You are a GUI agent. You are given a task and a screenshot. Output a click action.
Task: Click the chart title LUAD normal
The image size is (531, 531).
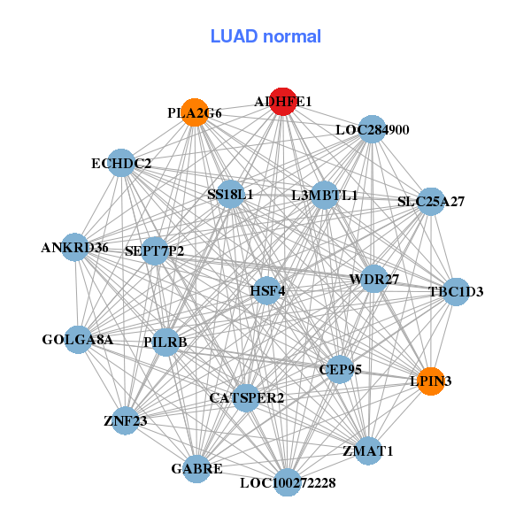(265, 36)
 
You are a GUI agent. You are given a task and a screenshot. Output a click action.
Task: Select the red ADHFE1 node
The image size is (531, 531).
(282, 102)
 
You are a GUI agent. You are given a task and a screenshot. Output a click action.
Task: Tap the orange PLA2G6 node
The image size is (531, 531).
(196, 112)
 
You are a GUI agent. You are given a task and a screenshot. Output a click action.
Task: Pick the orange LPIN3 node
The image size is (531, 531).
(430, 381)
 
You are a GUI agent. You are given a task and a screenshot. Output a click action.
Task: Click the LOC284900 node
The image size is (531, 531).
(372, 129)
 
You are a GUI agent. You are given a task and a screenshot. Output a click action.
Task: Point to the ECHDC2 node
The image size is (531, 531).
(122, 163)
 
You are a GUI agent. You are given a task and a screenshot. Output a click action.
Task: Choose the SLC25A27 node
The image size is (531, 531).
(430, 201)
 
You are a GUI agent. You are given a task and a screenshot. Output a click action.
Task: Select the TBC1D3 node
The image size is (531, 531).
(455, 291)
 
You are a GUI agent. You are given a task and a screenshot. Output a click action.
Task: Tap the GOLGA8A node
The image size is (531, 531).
(79, 339)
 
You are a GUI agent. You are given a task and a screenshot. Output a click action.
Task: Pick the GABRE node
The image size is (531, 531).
(196, 468)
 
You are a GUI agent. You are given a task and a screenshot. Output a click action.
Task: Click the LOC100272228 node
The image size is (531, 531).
(287, 482)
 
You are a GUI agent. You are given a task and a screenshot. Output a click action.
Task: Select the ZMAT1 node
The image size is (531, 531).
(367, 450)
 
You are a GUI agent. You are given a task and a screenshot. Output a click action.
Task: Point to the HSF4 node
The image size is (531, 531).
(266, 290)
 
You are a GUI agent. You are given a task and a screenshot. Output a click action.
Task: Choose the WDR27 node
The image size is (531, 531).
(373, 279)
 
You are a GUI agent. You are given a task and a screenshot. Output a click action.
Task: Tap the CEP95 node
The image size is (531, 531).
(340, 369)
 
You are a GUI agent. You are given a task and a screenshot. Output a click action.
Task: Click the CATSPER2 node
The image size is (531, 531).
(246, 398)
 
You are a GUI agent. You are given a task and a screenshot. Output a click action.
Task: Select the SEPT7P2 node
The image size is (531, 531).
(155, 251)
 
